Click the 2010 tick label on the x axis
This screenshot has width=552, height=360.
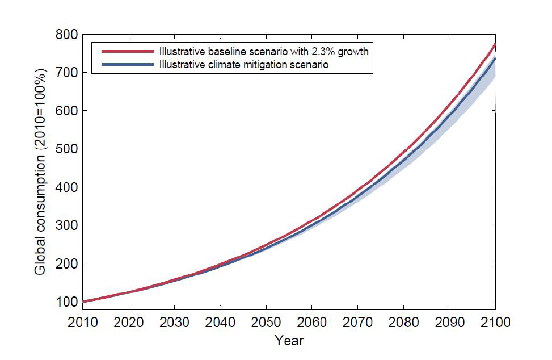click(82, 322)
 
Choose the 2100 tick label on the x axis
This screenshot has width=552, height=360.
click(496, 322)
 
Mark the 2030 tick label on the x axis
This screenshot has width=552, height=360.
click(174, 322)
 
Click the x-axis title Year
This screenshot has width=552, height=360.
click(289, 341)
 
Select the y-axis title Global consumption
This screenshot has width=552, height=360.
click(41, 169)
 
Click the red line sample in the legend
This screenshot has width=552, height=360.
click(127, 51)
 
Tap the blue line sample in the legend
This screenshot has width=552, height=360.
click(127, 65)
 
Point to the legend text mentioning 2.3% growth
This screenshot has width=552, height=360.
click(264, 51)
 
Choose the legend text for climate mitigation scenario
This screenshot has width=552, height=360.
click(244, 65)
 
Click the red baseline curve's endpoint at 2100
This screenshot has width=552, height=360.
click(495, 44)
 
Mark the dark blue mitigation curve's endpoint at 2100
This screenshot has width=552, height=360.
click(495, 58)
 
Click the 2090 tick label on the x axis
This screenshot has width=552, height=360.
click(450, 322)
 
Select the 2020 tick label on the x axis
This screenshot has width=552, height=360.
click(128, 322)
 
